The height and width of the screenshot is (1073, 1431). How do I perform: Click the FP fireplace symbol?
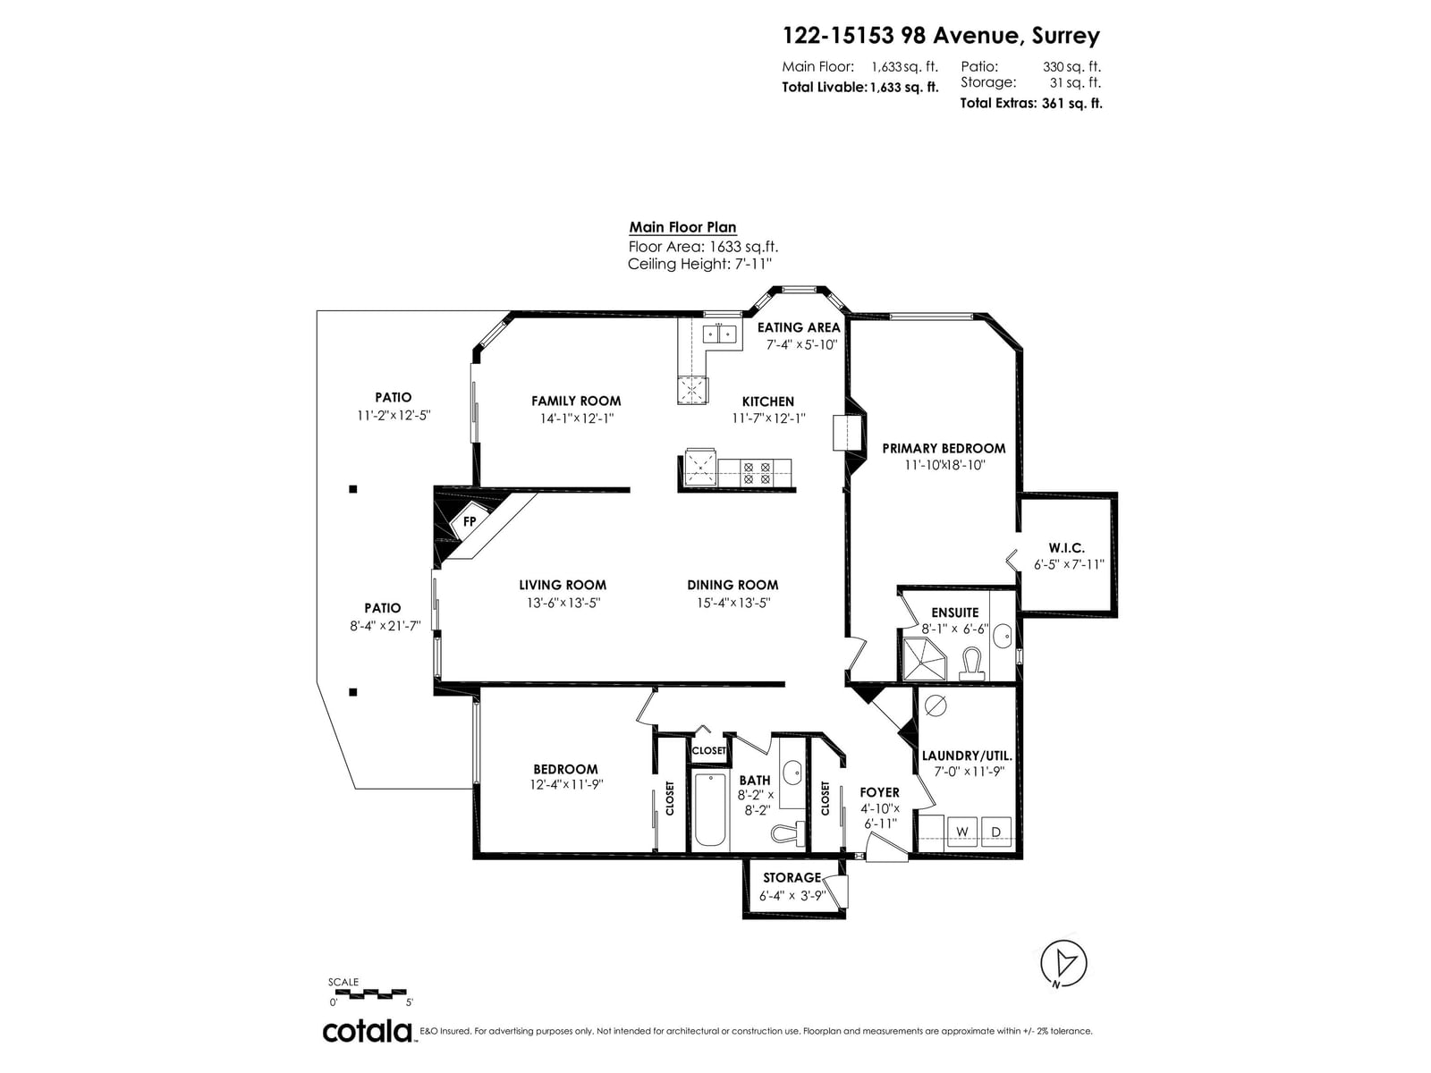pos(470,520)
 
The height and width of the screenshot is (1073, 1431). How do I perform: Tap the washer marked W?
pos(961,832)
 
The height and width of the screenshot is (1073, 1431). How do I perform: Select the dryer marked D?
pos(995,832)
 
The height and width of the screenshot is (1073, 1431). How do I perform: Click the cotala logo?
pos(368,1031)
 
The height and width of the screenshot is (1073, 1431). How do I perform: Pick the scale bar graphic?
pos(369,993)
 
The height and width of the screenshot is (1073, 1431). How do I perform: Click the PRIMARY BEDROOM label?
pos(944,448)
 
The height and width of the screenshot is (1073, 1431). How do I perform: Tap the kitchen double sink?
pos(719,334)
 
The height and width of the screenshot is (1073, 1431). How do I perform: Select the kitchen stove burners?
pos(757,472)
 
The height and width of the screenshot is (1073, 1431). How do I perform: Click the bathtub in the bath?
pos(710,809)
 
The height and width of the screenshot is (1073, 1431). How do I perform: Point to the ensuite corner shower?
pos(923,659)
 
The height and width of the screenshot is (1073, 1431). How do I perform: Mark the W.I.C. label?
pos(1067,548)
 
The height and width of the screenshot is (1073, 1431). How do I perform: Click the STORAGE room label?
pos(792,877)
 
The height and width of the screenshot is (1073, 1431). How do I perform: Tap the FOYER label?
pos(879,792)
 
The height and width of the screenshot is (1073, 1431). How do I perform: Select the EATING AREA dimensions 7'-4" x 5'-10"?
pos(801,344)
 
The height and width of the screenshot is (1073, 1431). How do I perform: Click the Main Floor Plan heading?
pos(682,227)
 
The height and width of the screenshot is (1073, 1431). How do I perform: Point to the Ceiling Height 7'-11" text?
pos(699,264)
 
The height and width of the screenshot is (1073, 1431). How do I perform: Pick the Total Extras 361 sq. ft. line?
pos(1030,103)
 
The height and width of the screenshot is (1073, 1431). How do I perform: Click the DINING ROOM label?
pos(732,585)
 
